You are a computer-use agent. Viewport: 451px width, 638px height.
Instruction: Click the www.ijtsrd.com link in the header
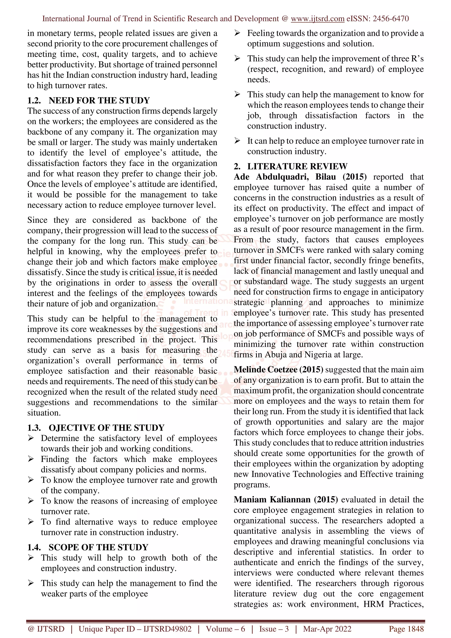pos(317,19)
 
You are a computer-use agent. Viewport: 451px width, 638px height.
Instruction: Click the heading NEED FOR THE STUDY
pos(99,100)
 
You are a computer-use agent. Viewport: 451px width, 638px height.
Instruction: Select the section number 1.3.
pos(34,428)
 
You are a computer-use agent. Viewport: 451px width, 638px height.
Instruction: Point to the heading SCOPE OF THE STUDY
pos(98,547)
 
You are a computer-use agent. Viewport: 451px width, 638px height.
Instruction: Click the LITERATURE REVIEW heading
pos(297,166)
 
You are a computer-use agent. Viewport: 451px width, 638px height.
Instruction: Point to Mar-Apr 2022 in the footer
pos(327,629)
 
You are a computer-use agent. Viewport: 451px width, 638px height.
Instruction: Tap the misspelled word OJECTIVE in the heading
pos(71,428)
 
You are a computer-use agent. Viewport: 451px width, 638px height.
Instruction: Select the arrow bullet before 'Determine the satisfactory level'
pos(31,438)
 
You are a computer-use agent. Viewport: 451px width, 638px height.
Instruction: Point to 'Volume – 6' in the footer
pos(225,629)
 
